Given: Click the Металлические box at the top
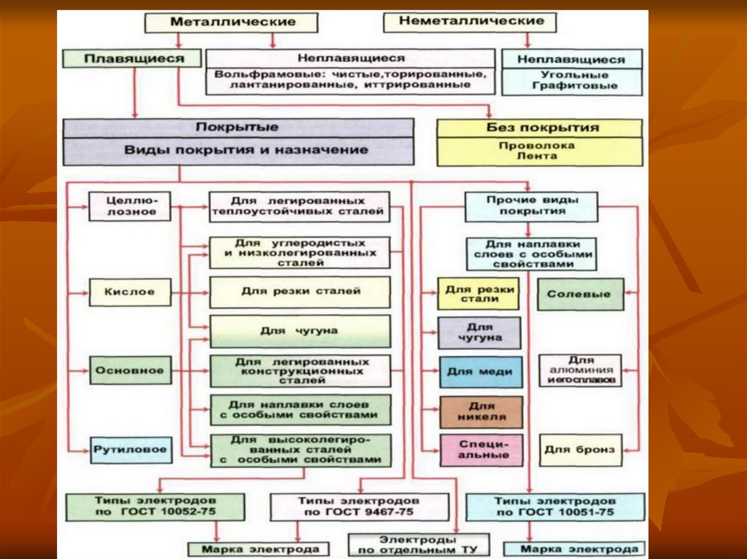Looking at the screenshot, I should coord(233,22).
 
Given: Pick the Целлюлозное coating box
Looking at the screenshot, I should coord(131,206).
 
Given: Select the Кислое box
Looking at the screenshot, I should coord(131,292).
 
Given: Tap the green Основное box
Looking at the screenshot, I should coord(131,370).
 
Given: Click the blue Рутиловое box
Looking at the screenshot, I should coord(131,450).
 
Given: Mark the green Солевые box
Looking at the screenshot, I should coord(581,294).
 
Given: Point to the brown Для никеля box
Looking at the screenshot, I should coord(479,412).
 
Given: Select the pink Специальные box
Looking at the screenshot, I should coord(479,450).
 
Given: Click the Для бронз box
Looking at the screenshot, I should coord(579,450).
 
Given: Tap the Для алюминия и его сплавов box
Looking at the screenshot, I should coord(581,370).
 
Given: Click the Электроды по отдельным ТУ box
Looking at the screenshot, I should coord(418,544).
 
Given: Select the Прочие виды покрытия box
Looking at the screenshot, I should coord(531,206).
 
